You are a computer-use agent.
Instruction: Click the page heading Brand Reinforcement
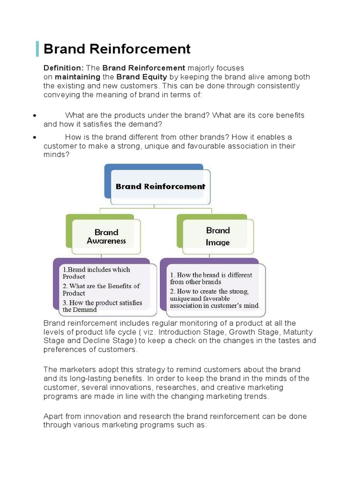coord(117,49)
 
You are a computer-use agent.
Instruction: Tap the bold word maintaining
coord(77,77)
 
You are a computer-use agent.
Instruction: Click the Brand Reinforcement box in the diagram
coord(160,186)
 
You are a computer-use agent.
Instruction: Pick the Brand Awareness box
coord(106,236)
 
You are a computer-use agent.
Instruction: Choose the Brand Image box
coord(218,236)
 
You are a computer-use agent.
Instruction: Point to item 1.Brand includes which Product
coord(96,273)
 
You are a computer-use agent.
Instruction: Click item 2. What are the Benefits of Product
coord(101,289)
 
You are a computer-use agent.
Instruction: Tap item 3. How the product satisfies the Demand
coord(102,306)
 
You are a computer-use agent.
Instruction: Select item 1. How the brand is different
coord(210,278)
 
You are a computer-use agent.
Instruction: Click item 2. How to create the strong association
coord(214,298)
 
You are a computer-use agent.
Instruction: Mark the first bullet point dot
coord(35,115)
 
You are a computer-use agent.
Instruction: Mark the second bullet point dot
coord(35,137)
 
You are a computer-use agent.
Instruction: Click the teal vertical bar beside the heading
coord(37,49)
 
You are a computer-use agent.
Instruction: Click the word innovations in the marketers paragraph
coord(134,387)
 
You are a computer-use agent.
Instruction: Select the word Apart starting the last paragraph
coord(54,416)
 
